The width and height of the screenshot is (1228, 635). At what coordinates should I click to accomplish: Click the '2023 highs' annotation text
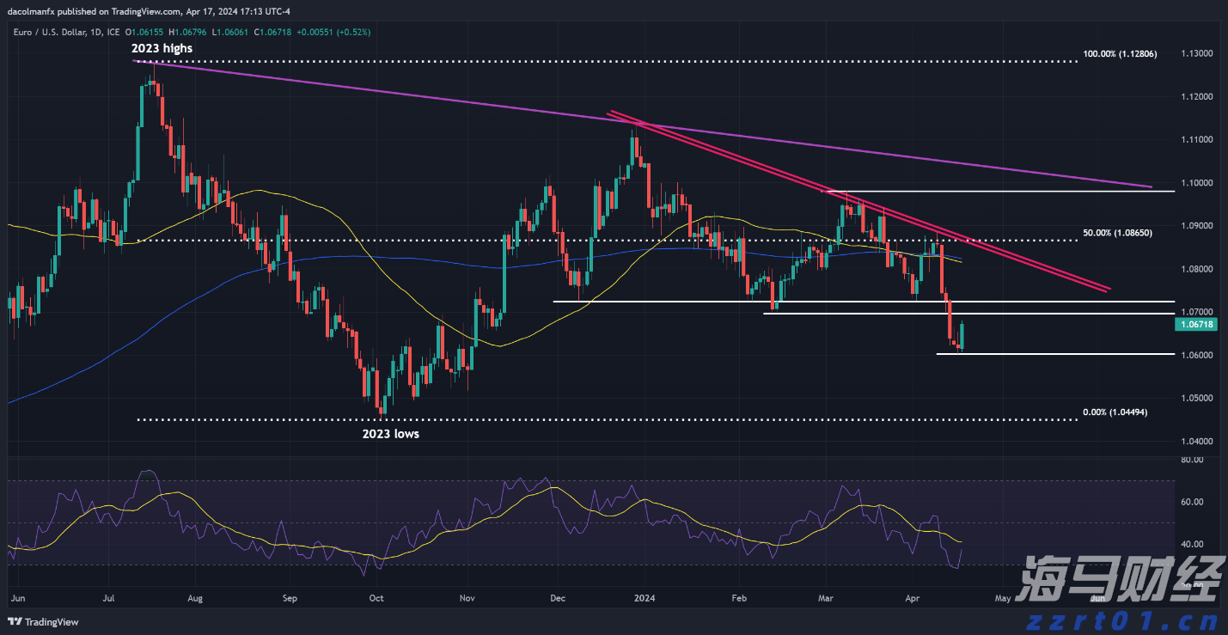tap(162, 49)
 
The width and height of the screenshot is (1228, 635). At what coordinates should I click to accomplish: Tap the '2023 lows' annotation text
tap(390, 434)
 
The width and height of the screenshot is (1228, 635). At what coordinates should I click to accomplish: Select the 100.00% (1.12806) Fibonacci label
tap(1120, 54)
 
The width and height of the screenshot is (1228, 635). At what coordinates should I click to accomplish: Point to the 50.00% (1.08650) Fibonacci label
tap(1117, 233)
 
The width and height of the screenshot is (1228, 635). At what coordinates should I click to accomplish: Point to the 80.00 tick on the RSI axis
tap(1191, 461)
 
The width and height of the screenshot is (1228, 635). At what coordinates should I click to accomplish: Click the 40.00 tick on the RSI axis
tap(1191, 544)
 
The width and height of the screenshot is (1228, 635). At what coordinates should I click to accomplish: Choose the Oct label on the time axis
tap(376, 596)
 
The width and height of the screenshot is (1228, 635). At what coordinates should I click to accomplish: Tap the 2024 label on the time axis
tap(644, 596)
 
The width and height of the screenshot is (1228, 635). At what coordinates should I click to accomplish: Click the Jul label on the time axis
tap(108, 596)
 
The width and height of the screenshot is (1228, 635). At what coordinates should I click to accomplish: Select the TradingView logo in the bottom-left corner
tap(43, 621)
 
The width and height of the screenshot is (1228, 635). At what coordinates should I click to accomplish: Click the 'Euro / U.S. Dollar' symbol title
tap(52, 32)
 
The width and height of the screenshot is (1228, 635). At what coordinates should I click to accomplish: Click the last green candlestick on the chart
tap(962, 336)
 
